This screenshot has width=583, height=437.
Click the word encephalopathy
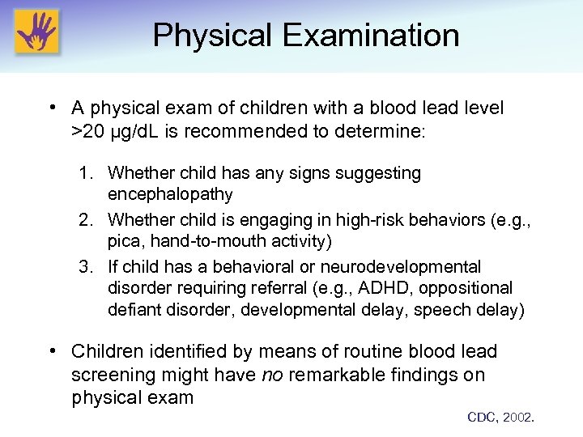click(170, 194)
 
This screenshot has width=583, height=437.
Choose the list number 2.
click(87, 220)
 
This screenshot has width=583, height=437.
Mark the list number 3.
click(87, 267)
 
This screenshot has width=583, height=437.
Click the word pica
click(124, 241)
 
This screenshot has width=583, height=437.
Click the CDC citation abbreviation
click(483, 418)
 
